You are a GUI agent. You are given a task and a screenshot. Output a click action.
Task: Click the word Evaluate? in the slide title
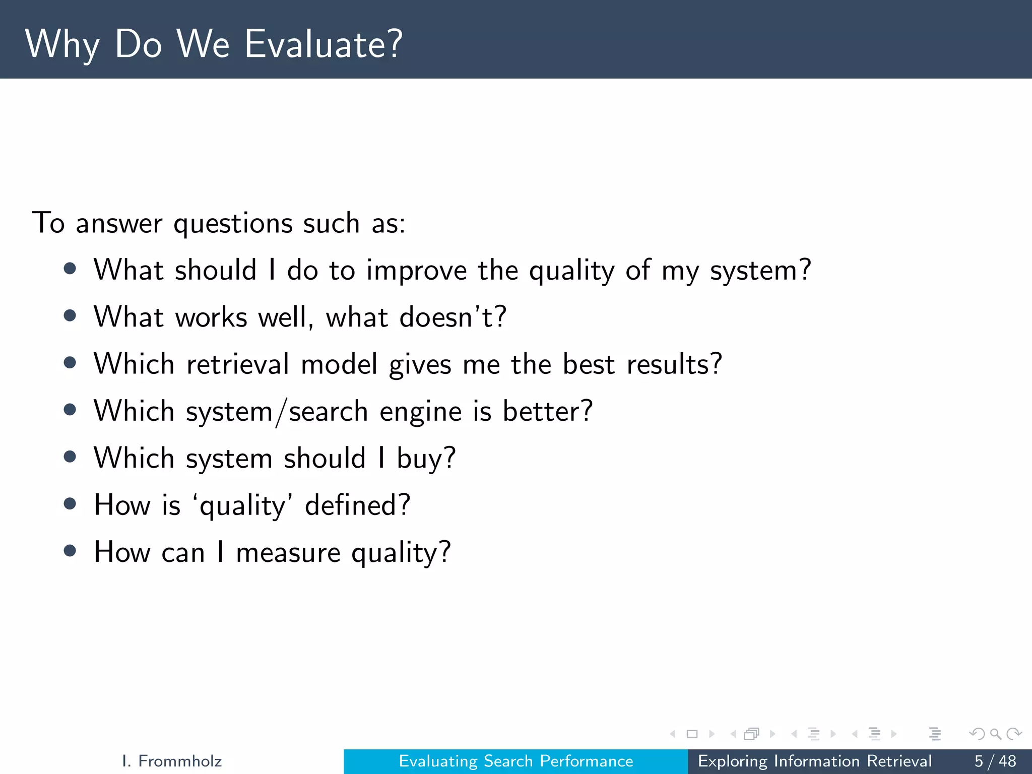tap(324, 44)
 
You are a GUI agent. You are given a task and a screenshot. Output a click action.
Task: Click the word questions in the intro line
tap(232, 223)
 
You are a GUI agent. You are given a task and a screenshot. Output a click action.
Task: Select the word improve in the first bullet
tap(416, 271)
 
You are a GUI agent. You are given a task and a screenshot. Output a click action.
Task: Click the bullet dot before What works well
tap(70, 316)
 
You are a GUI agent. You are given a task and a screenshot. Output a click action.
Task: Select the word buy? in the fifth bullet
tap(426, 459)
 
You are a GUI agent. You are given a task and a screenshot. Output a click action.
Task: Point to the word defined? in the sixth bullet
tap(358, 505)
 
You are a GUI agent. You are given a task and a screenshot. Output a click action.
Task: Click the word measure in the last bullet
tap(288, 553)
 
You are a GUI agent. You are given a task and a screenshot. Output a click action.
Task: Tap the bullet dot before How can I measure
tap(70, 551)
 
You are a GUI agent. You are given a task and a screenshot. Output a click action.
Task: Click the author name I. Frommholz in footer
tap(172, 761)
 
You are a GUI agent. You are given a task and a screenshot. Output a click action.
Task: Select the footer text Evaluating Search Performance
tap(515, 761)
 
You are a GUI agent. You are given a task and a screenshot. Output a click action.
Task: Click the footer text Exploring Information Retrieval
tap(814, 761)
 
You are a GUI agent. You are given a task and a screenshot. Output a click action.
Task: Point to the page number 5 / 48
tap(995, 761)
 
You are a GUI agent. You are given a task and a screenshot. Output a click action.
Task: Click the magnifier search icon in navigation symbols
tap(995, 734)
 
